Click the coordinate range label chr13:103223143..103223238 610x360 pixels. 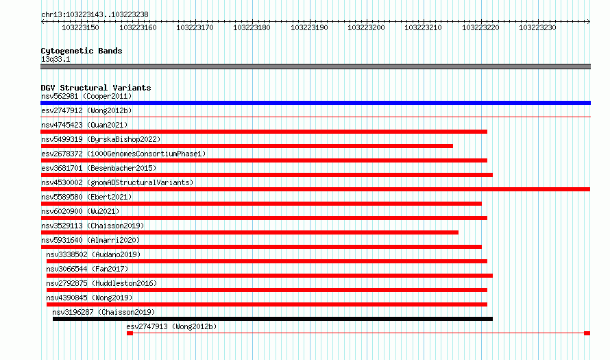pos(95,14)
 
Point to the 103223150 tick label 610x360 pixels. pos(80,27)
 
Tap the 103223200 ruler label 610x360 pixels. pos(366,27)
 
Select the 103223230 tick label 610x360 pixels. pos(537,27)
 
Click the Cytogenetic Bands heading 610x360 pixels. pos(82,51)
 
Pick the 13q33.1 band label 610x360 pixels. pos(56,59)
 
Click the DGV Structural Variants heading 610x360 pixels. pos(96,88)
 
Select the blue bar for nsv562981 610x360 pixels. pos(315,103)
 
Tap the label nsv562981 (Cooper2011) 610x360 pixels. pos(86,96)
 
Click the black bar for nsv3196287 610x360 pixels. pos(273,319)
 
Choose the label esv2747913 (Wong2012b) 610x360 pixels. pos(171,326)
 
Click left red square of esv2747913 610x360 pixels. pos(130,333)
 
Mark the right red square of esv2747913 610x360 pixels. pos(587,333)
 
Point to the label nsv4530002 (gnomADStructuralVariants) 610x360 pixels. pos(117,182)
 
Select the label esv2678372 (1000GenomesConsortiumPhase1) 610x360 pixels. pos(123,154)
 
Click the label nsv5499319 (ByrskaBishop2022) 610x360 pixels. pos(101,139)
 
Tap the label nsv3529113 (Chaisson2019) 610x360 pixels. pos(93,226)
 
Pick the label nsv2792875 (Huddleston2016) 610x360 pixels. pos(101,283)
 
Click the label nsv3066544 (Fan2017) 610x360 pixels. pos(87,269)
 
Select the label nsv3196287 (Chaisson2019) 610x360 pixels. pos(103,312)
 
